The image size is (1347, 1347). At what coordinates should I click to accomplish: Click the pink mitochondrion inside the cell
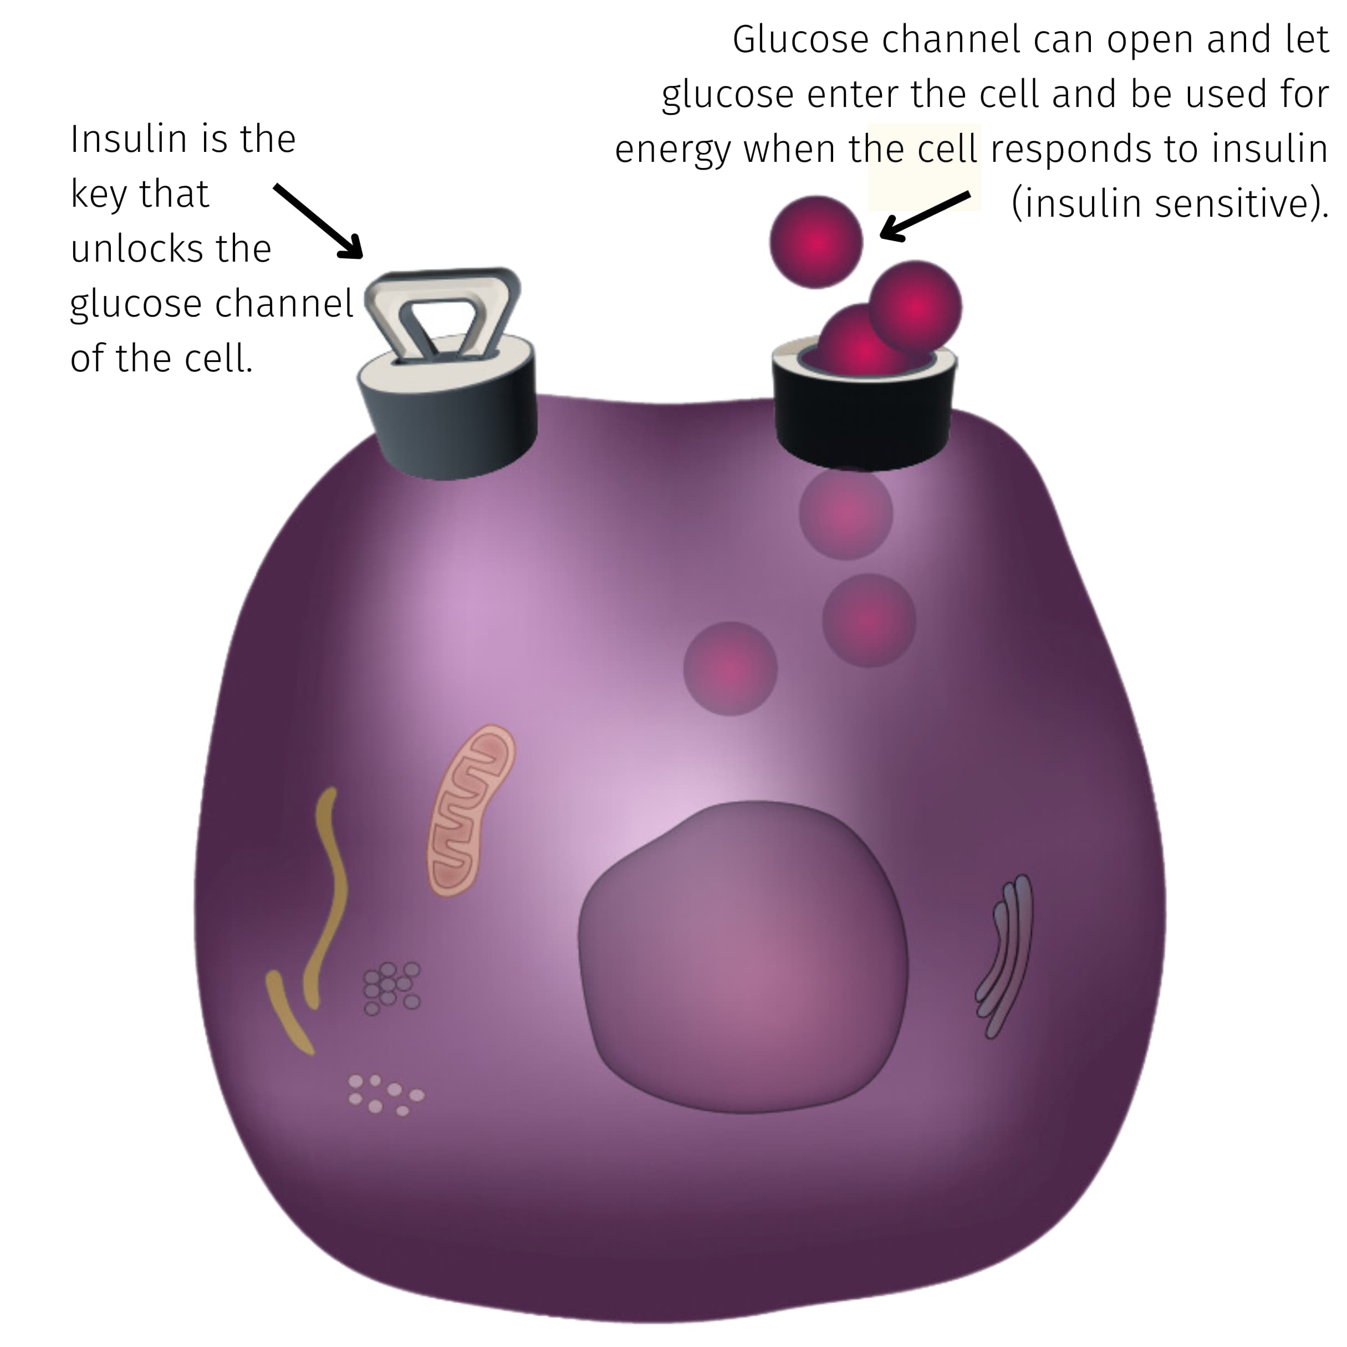471,811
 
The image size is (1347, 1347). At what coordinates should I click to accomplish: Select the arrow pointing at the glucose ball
925,216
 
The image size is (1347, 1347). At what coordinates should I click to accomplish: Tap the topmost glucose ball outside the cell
817,242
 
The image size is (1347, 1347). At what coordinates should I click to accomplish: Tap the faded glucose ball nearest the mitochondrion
730,668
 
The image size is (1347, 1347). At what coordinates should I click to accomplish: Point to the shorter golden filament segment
289,1012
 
